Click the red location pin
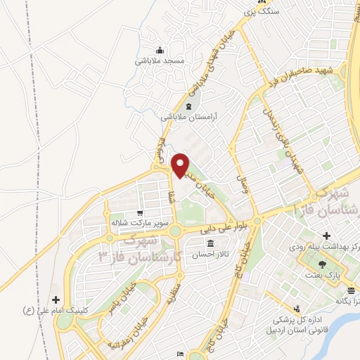pyautogui.click(x=180, y=164)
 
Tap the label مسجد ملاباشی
pyautogui.click(x=160, y=60)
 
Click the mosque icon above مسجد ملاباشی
pyautogui.click(x=160, y=49)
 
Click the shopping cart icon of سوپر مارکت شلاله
pyautogui.click(x=140, y=212)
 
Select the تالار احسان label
pyautogui.click(x=211, y=255)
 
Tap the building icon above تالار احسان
pyautogui.click(x=210, y=243)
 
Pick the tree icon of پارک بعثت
pyautogui.click(x=322, y=265)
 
